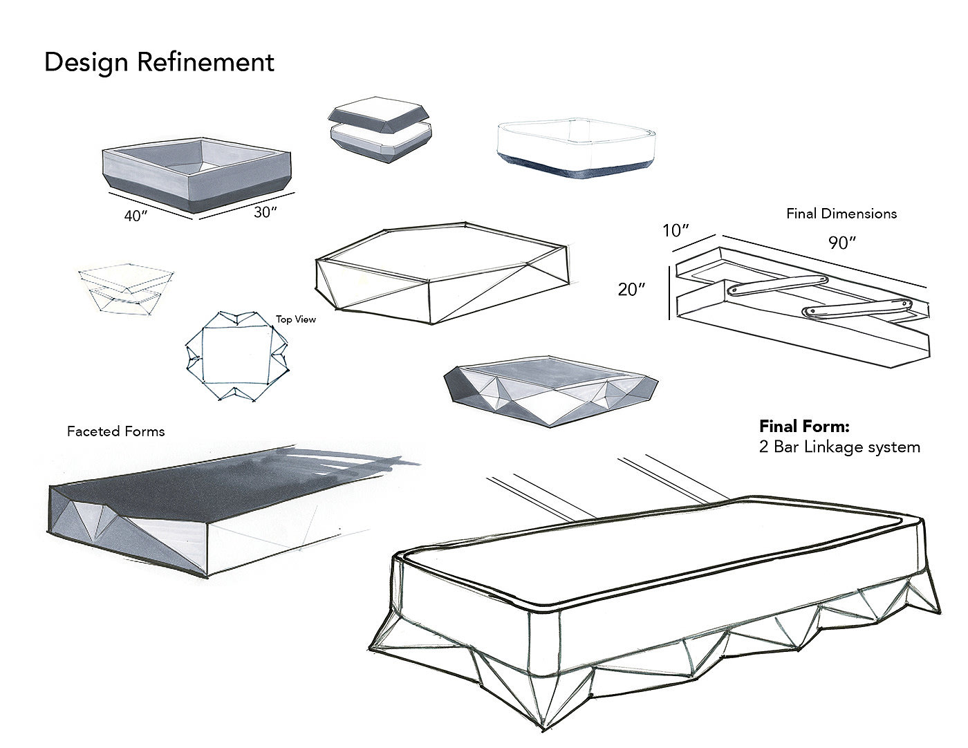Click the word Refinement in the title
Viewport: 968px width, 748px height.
(x=205, y=62)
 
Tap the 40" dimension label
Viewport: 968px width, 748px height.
(x=136, y=216)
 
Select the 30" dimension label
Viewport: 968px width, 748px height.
(x=266, y=212)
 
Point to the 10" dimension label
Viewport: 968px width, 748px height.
(x=677, y=230)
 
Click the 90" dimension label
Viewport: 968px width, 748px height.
(x=842, y=243)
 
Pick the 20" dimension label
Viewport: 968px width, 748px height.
(x=631, y=290)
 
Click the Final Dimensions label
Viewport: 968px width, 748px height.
(x=841, y=214)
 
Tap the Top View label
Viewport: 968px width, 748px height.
(x=296, y=319)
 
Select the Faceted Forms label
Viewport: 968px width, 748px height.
(x=115, y=431)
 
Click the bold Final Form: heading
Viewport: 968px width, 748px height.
(x=804, y=426)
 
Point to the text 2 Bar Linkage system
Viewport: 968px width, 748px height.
(x=839, y=447)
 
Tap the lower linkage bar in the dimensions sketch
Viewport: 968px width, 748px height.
(x=858, y=308)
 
